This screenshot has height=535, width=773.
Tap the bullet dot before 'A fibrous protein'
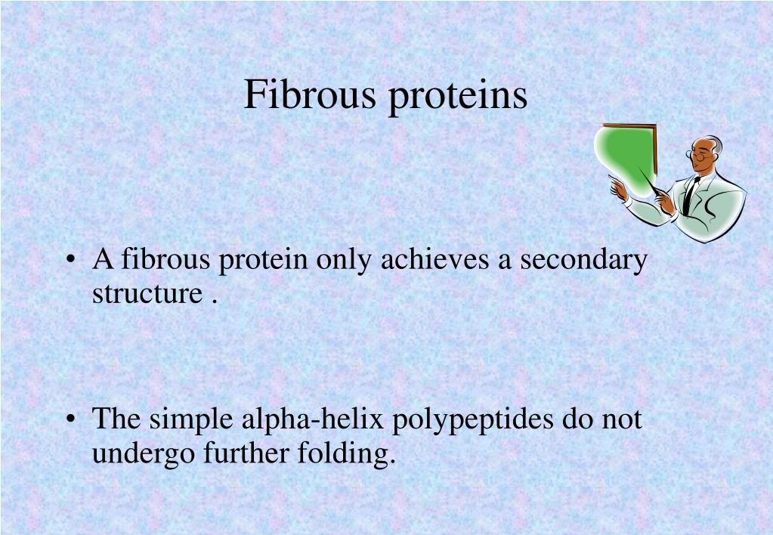pos(72,261)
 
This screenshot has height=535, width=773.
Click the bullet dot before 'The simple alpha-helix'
pos(72,419)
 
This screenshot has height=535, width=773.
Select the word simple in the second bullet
pos(193,420)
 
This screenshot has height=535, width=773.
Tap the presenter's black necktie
pos(688,195)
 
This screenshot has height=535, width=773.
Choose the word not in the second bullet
pos(622,419)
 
